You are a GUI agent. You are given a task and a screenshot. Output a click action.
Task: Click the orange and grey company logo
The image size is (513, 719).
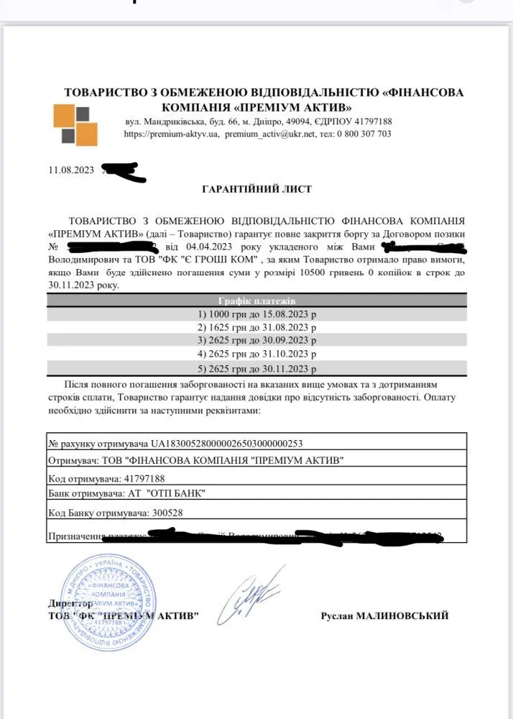(x=75, y=125)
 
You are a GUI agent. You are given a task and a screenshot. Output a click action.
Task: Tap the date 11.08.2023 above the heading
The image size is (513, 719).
(x=70, y=170)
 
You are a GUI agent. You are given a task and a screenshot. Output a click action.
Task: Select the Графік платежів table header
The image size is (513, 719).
(x=256, y=300)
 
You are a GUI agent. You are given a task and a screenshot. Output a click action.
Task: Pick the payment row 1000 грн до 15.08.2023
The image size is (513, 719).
(x=256, y=314)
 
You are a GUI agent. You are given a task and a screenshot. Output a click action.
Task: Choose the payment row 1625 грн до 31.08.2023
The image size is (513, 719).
(x=256, y=327)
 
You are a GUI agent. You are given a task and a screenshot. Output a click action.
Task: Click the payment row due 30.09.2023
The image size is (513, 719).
(x=256, y=341)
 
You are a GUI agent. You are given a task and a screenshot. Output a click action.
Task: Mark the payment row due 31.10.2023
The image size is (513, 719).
(x=256, y=354)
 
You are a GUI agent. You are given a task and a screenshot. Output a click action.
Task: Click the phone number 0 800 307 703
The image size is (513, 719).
(x=364, y=134)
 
